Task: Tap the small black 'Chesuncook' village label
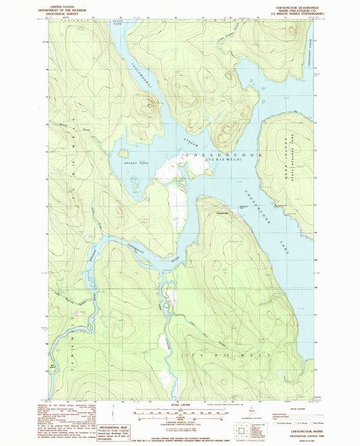(222, 214)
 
